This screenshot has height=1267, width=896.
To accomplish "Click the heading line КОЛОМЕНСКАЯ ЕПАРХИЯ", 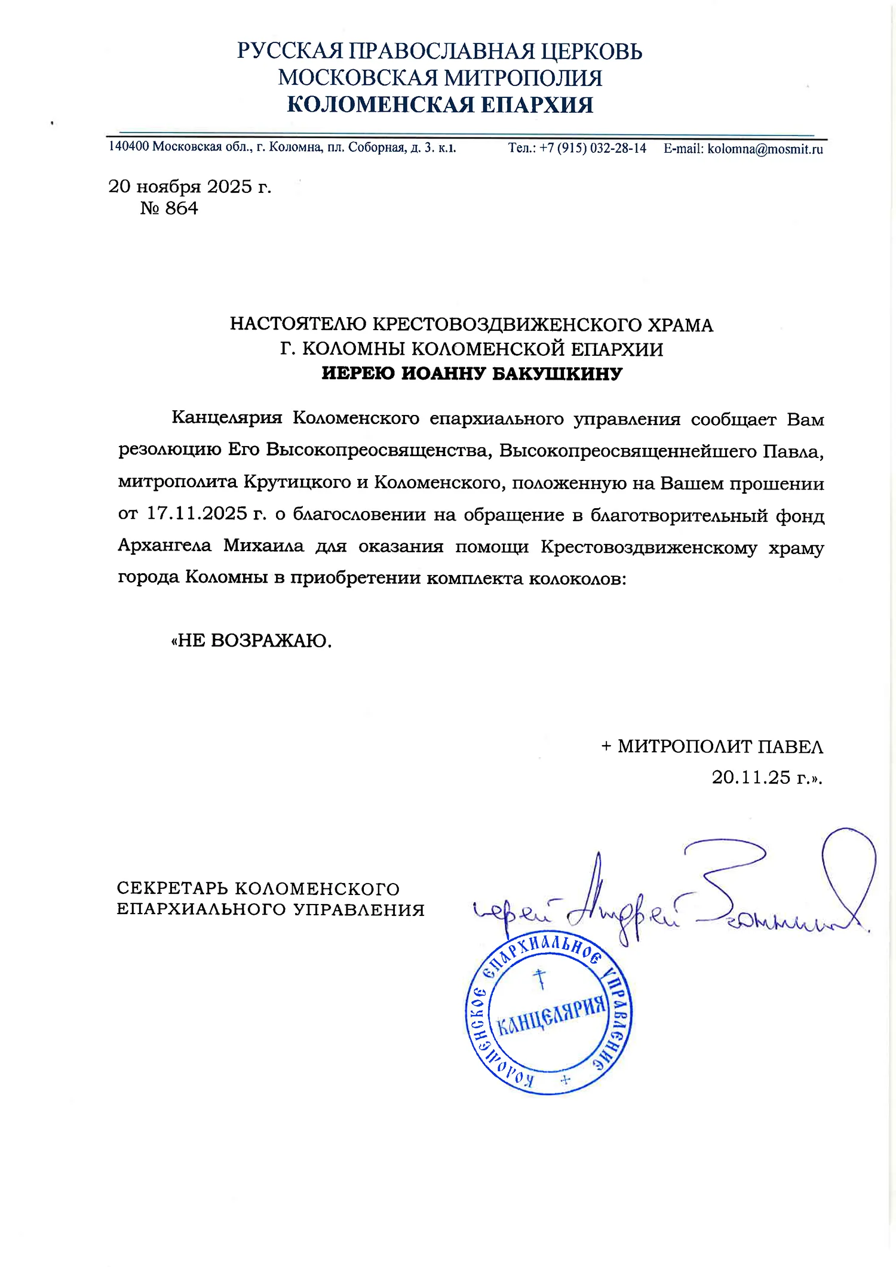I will point(440,105).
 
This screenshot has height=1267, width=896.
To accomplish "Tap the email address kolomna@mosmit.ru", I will point(765,149).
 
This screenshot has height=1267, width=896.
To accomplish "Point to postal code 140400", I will point(128,147).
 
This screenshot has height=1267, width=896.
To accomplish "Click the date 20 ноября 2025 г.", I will point(190,187).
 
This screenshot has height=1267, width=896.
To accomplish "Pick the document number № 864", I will point(169,208).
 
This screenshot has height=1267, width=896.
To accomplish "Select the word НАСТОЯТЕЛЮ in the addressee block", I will point(298,325).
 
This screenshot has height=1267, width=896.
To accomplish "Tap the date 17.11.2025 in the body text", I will point(197,514).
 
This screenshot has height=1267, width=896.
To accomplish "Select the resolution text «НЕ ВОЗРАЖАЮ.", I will point(251,641).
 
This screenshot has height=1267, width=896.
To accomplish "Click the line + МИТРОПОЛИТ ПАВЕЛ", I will point(712,746).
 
